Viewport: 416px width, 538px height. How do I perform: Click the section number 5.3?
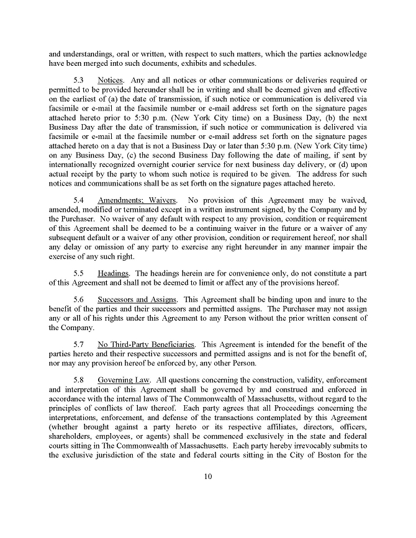79,81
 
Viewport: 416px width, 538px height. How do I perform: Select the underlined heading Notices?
111,81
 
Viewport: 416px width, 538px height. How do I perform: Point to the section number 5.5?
79,273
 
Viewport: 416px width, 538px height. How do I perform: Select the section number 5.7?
79,344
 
